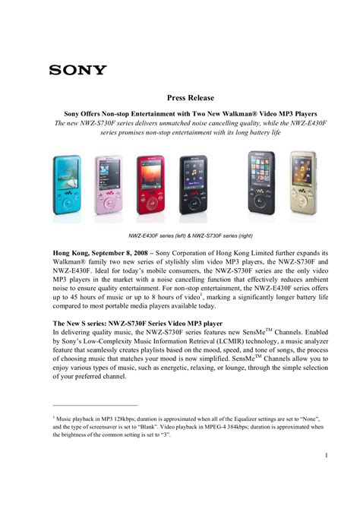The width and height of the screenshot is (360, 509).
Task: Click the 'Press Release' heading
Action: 192,98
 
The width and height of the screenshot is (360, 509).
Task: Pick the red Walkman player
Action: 150,183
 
